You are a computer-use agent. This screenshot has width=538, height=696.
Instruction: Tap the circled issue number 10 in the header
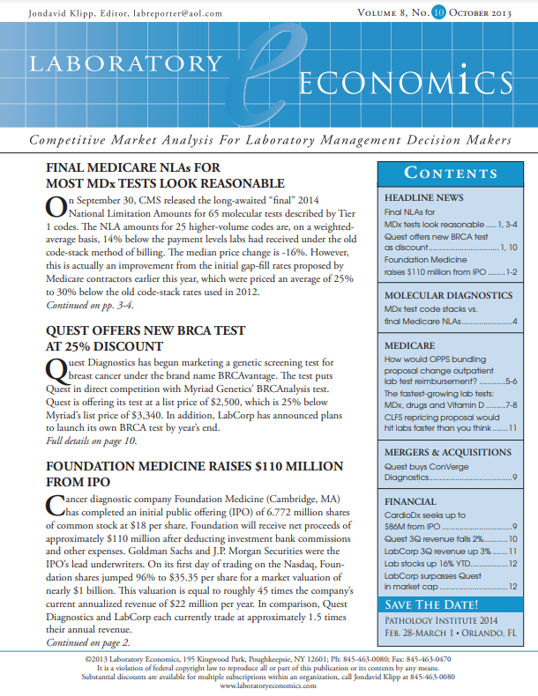[438, 13]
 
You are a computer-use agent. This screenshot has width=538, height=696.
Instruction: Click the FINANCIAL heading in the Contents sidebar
[410, 501]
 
